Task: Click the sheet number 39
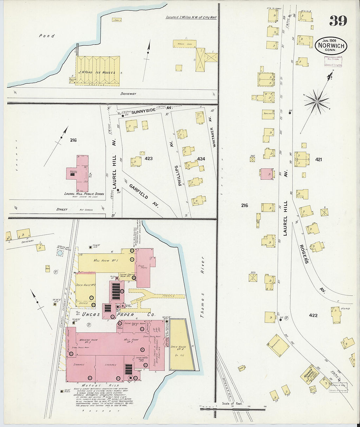(x=338, y=21)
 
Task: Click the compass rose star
(x=316, y=102)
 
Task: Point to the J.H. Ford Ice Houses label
(x=97, y=72)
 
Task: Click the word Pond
(x=47, y=36)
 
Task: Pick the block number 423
(x=149, y=158)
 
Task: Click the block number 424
(x=201, y=159)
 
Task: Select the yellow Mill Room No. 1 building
(x=105, y=260)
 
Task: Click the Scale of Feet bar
(x=232, y=409)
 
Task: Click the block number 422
(x=313, y=315)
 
